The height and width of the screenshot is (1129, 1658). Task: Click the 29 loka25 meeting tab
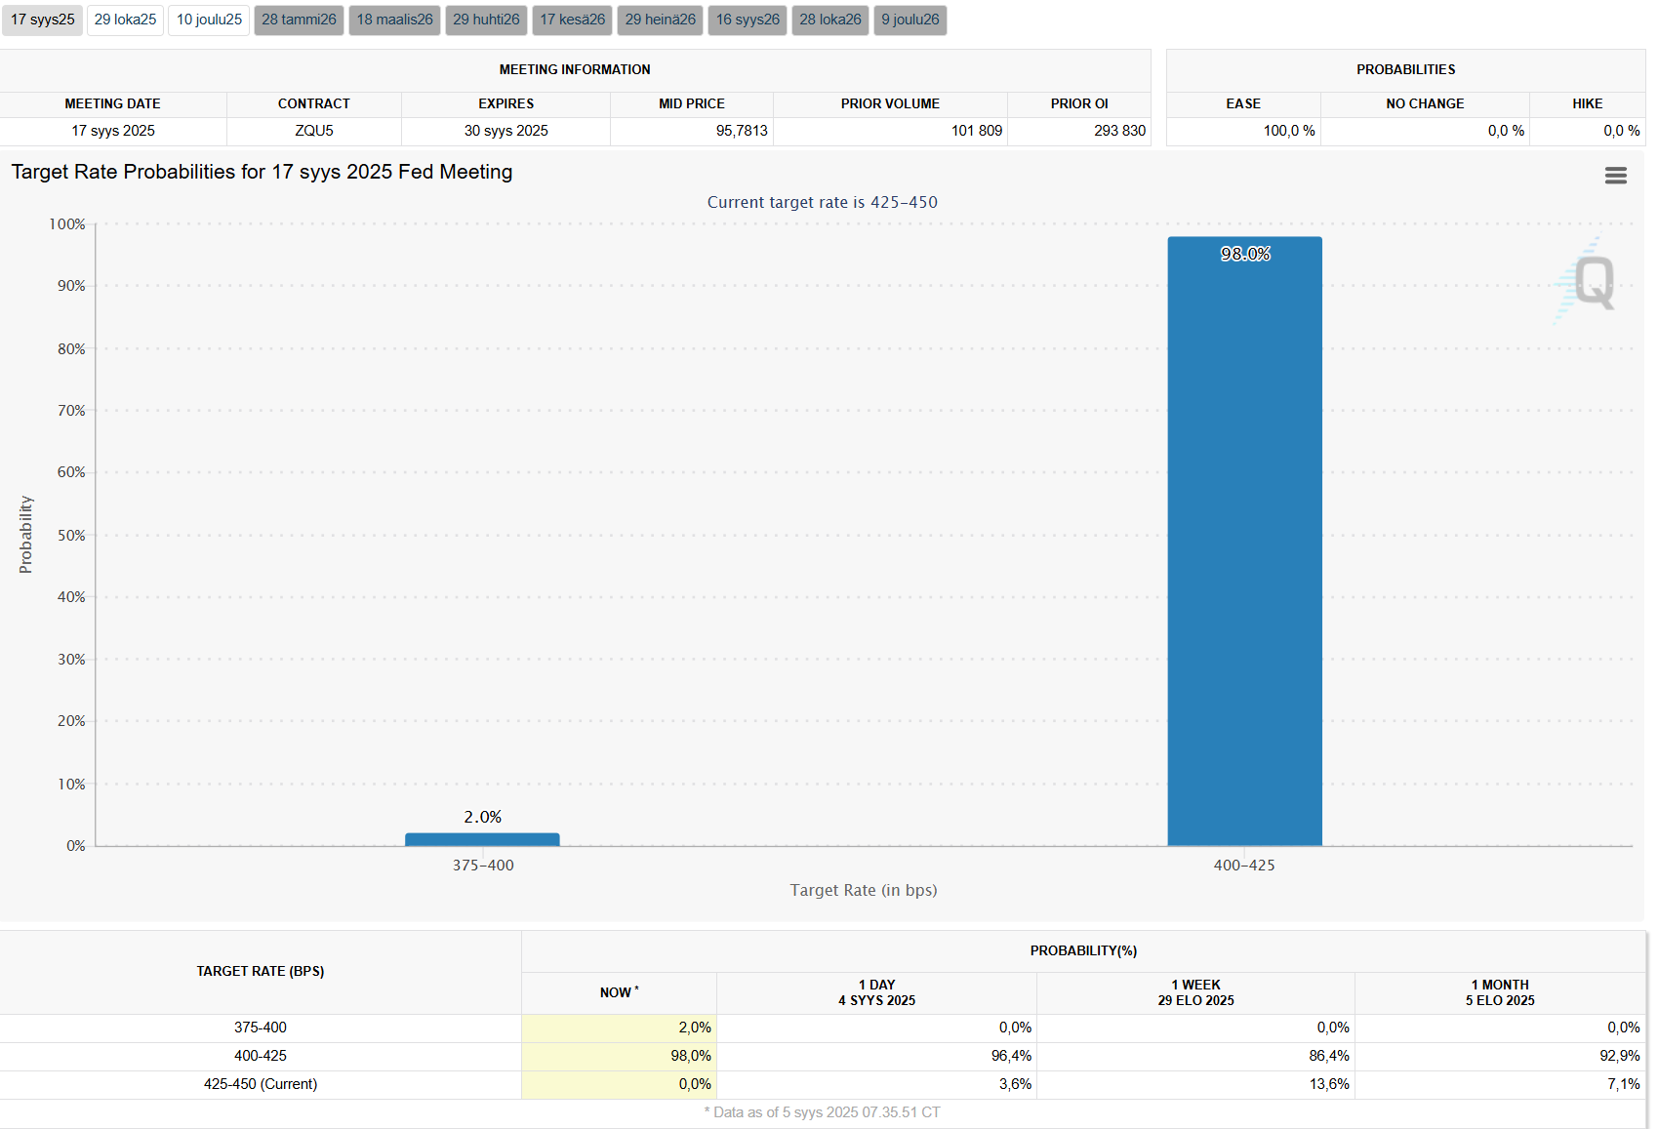pyautogui.click(x=125, y=20)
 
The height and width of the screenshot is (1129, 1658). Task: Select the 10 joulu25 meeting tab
pyautogui.click(x=209, y=20)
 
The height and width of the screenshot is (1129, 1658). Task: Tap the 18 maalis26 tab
pyautogui.click(x=394, y=20)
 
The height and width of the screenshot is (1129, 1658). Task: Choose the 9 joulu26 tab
pyautogui.click(x=910, y=20)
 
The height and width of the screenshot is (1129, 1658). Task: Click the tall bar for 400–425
pyautogui.click(x=1244, y=546)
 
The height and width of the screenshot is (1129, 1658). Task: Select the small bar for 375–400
pyautogui.click(x=482, y=839)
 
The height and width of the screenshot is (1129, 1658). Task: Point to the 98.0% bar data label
pyautogui.click(x=1245, y=254)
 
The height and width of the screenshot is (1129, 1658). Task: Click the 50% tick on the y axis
pyautogui.click(x=71, y=536)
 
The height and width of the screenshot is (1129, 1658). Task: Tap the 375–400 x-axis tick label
pyautogui.click(x=483, y=866)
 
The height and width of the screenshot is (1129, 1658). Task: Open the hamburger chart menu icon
pyautogui.click(x=1615, y=176)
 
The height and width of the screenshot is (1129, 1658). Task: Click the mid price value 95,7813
pyautogui.click(x=742, y=131)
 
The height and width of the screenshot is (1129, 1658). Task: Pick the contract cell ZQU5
pyautogui.click(x=314, y=131)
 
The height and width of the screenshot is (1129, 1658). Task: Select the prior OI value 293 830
pyautogui.click(x=1119, y=131)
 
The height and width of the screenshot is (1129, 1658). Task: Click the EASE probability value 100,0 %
pyautogui.click(x=1289, y=131)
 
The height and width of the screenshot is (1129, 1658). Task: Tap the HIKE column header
pyautogui.click(x=1587, y=103)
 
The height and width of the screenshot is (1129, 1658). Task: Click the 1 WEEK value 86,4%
pyautogui.click(x=1329, y=1056)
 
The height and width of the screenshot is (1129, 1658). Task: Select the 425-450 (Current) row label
pyautogui.click(x=261, y=1084)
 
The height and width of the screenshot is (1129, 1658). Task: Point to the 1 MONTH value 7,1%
pyautogui.click(x=1624, y=1084)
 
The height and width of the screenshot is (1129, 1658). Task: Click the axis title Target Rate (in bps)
pyautogui.click(x=864, y=890)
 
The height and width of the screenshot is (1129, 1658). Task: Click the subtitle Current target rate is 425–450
pyautogui.click(x=822, y=202)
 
